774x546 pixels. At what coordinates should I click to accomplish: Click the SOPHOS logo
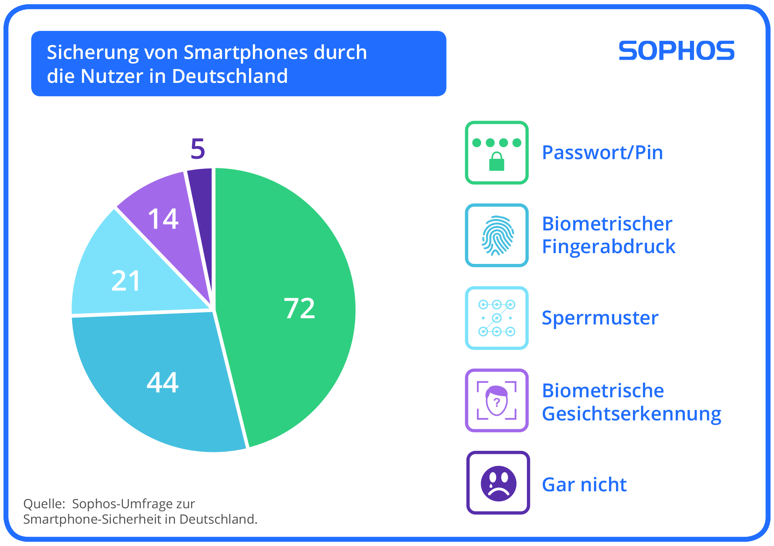676,51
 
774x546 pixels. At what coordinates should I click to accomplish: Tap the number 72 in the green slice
299,308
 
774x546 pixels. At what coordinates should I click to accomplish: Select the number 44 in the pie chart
163,383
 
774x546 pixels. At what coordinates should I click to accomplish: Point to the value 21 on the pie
126,281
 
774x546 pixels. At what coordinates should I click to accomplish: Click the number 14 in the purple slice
163,219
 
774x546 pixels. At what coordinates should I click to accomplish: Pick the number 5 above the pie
198,149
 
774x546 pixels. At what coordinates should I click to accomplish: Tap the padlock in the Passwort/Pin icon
496,162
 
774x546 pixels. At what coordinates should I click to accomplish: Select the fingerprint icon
497,235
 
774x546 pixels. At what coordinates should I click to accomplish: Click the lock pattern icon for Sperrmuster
497,318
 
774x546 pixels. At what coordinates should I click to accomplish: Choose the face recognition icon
496,400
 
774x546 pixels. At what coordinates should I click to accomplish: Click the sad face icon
498,483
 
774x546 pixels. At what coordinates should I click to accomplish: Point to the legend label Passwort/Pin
602,153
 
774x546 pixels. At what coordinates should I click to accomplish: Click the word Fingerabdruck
609,247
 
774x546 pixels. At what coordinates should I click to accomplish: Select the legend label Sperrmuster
600,318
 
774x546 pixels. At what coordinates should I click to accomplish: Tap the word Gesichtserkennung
631,414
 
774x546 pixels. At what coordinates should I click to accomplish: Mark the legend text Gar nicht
584,485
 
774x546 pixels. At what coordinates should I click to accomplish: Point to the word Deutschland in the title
230,76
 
